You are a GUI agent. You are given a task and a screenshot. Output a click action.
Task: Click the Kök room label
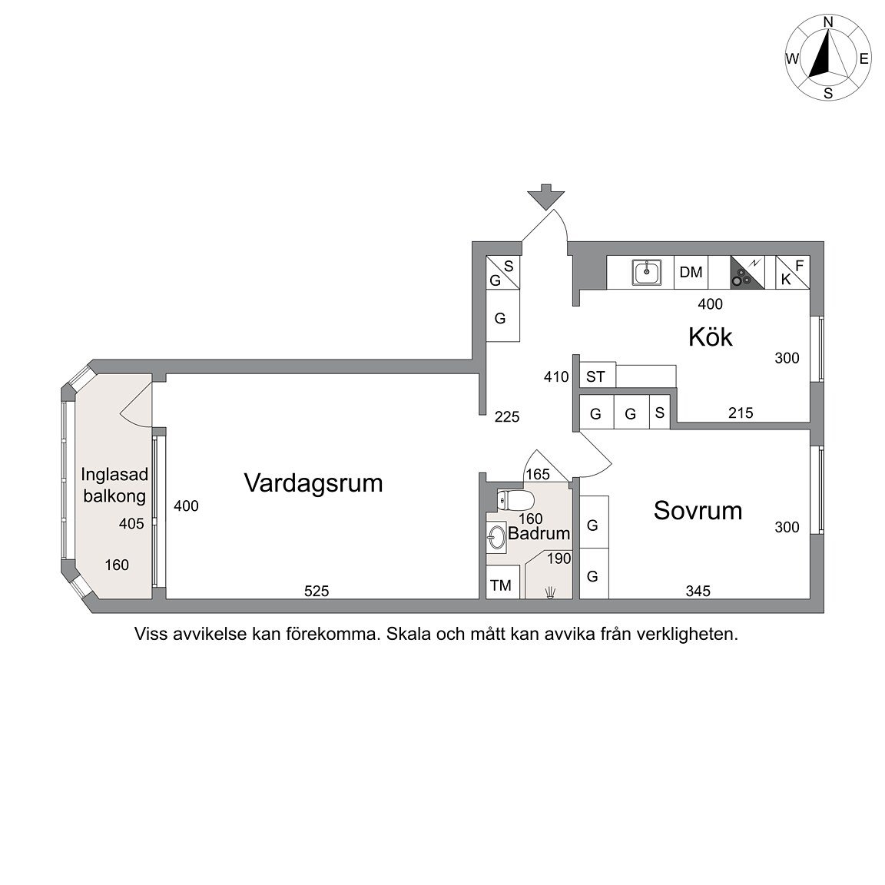pos(710,337)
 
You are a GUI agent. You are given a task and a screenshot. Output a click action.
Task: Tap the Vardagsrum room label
pos(313,483)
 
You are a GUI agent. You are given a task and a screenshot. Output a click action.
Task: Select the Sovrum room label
pos(698,510)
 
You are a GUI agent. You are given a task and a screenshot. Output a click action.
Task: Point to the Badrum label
pos(539,533)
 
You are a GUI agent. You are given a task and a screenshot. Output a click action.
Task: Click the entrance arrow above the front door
pos(545,197)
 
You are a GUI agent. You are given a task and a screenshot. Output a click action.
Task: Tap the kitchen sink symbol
pos(646,273)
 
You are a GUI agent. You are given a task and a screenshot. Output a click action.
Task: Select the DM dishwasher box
pos(691,273)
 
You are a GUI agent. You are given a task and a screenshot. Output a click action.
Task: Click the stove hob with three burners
pos(747,273)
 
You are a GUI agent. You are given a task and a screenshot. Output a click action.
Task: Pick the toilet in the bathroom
pos(515,499)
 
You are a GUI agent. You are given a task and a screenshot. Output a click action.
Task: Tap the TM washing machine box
pos(501,585)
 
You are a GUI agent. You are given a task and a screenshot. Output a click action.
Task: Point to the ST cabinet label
pos(595,376)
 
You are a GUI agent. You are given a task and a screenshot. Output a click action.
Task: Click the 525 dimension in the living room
pos(316,591)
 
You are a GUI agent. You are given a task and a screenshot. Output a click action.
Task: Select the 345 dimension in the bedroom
pos(698,591)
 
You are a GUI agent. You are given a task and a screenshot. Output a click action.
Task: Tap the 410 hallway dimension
pos(556,376)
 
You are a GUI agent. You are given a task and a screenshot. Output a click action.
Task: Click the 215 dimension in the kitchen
pos(741,413)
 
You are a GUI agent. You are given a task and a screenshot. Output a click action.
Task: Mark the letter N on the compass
pos(828,22)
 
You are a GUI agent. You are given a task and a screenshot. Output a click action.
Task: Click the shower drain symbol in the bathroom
pos(550,592)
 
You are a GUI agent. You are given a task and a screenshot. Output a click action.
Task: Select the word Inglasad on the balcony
pos(114,475)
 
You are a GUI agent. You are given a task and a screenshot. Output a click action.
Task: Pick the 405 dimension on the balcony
pos(131,524)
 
